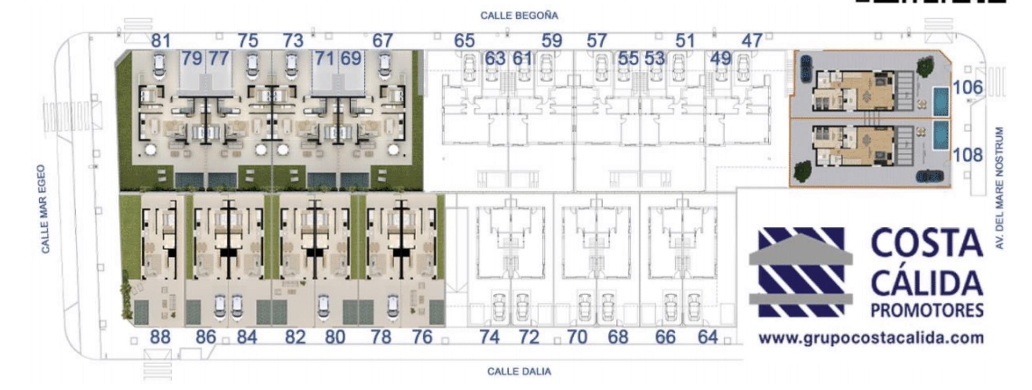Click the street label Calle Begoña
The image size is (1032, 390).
click(519, 15)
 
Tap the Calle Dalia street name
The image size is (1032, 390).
click(519, 371)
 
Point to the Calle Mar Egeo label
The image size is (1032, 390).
click(46, 209)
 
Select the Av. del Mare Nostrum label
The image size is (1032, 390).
click(1000, 188)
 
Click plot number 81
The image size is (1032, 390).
click(161, 40)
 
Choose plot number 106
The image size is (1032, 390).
click(968, 88)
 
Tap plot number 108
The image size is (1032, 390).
click(968, 155)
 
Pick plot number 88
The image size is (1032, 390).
click(160, 337)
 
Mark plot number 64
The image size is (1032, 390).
click(708, 337)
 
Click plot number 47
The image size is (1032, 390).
click(752, 40)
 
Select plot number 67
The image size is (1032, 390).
click(382, 40)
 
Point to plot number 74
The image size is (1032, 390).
click(489, 337)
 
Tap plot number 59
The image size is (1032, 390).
click(552, 40)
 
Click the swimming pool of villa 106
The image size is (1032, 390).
click(941, 102)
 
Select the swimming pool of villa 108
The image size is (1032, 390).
click(941, 136)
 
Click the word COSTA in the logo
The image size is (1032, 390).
click(927, 243)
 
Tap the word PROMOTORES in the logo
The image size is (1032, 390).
click(927, 310)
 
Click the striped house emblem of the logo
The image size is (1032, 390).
click(801, 271)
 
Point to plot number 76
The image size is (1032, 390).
click(422, 337)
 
